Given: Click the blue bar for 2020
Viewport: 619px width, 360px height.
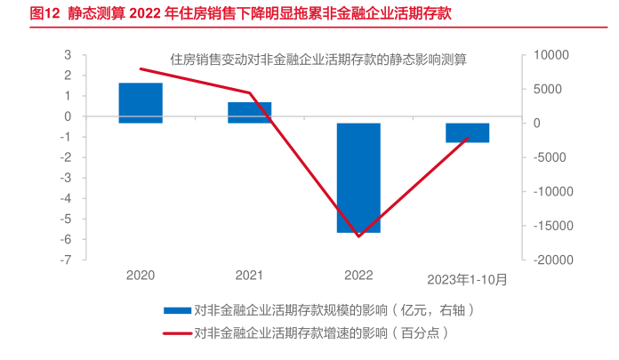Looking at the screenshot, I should tap(141, 102).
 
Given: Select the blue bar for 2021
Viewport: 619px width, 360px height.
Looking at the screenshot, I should tap(250, 112).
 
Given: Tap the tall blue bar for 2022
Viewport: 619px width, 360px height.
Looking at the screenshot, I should tap(358, 178).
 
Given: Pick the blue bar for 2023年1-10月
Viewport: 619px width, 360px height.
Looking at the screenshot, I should tap(468, 132).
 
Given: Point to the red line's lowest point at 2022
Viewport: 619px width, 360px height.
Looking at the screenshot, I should tap(358, 236).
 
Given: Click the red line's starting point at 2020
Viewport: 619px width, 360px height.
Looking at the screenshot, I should tap(141, 68).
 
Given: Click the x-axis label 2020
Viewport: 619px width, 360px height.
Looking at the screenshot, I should tap(141, 276).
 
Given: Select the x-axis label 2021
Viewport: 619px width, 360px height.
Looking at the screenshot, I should tap(250, 276).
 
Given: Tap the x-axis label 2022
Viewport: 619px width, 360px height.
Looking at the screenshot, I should tap(358, 276).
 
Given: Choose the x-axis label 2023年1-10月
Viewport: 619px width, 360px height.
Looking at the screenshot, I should tap(467, 279).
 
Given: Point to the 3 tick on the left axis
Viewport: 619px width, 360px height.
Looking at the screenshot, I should tap(68, 55).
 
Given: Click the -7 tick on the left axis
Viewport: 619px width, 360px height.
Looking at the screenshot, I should tap(65, 260).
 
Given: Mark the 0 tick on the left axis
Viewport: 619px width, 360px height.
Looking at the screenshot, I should tap(68, 116).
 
